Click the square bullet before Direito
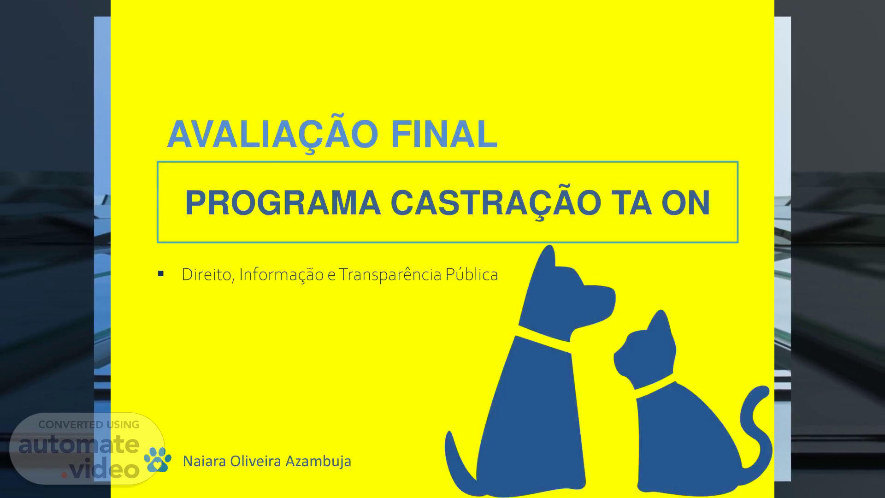(x=161, y=274)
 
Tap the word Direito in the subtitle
(x=209, y=275)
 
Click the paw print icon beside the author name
(x=158, y=459)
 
